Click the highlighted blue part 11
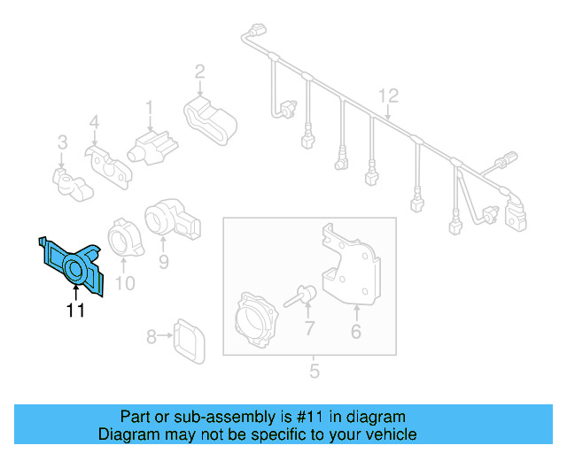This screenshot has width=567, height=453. coord(74,266)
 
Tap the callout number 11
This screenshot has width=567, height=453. coord(75,310)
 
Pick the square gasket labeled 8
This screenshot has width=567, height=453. coord(186,337)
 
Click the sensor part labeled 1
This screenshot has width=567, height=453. coord(151,143)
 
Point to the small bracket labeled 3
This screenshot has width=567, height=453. coord(69,182)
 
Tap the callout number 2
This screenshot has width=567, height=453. coord(199,72)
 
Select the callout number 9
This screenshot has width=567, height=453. coord(163,261)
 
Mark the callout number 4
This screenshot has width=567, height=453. coord(93,122)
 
